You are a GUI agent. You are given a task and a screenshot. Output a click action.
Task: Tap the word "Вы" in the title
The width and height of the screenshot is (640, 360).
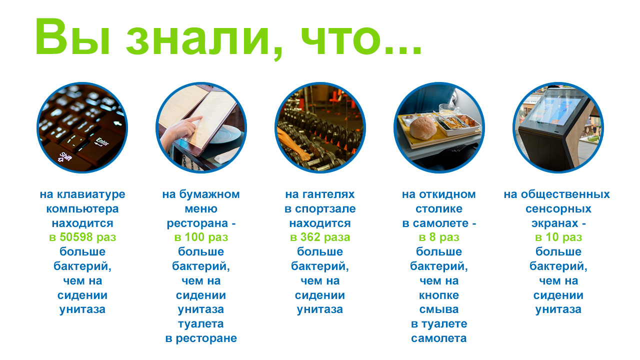(72, 36)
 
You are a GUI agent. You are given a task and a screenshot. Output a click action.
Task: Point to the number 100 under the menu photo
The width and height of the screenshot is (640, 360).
(194, 237)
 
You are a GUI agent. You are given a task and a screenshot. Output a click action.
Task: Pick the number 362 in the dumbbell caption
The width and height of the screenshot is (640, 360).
(310, 237)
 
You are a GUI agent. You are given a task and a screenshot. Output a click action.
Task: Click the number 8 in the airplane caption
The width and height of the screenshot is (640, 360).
(432, 237)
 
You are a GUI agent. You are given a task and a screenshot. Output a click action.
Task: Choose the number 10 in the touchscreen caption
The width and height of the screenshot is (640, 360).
(552, 237)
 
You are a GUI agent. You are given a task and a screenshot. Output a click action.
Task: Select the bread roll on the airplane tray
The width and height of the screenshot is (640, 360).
(423, 127)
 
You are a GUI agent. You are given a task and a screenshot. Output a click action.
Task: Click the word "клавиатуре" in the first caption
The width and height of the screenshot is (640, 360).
(91, 195)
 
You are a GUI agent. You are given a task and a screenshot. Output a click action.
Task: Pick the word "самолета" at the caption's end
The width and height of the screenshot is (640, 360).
(439, 338)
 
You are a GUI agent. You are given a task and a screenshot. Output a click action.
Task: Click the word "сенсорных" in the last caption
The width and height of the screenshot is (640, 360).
(558, 209)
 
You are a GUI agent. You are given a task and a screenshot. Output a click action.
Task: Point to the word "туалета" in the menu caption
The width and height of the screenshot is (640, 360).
(201, 324)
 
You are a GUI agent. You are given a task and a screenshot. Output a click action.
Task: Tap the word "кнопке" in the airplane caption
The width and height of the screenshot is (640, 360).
(439, 295)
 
